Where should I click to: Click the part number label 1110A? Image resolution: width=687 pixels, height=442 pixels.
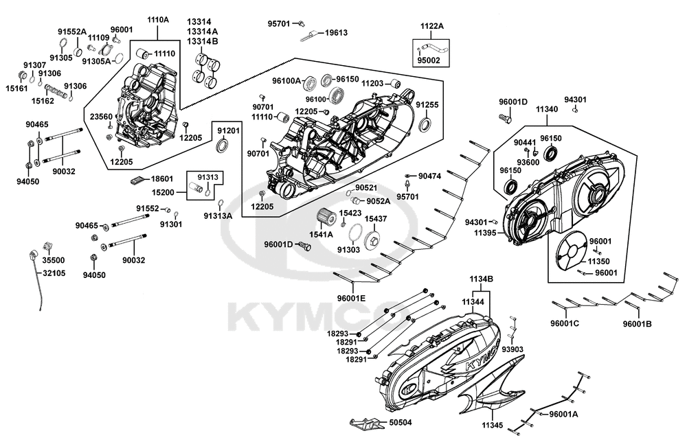pyautogui.click(x=157, y=20)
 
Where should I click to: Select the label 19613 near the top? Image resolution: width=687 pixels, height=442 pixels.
pyautogui.click(x=336, y=32)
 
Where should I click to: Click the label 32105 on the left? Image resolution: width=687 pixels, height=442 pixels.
pyautogui.click(x=54, y=273)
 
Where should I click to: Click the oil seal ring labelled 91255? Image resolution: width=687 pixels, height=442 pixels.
pyautogui.click(x=427, y=124)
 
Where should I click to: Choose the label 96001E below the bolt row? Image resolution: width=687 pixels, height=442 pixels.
pyautogui.click(x=351, y=297)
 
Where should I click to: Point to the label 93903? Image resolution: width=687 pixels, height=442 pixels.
pyautogui.click(x=513, y=349)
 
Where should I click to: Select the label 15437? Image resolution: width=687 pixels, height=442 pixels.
pyautogui.click(x=375, y=219)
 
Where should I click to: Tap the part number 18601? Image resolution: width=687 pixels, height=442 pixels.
pyautogui.click(x=163, y=178)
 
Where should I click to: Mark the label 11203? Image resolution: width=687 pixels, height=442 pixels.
pyautogui.click(x=372, y=82)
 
